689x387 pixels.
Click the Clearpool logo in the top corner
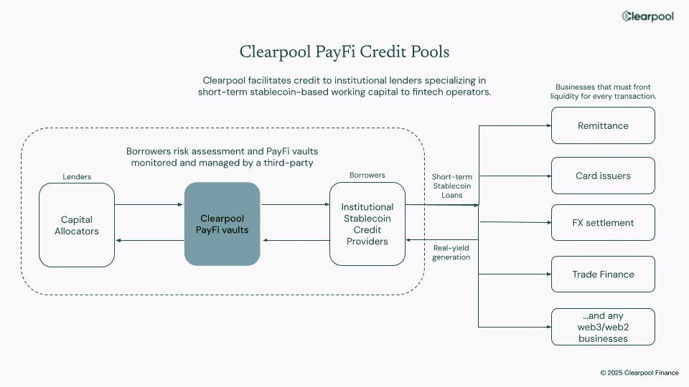point(647,16)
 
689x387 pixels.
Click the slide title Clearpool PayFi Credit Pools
point(344,52)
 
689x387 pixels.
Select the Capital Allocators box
point(77,225)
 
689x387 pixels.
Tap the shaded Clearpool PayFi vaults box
point(222,224)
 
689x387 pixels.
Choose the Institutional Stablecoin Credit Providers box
point(367,224)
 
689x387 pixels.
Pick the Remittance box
point(603,125)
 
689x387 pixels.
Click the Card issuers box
point(603,176)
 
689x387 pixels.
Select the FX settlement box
point(603,223)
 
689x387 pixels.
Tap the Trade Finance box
point(603,274)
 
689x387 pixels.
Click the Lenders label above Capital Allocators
point(77,176)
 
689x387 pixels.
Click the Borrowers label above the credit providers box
point(367,175)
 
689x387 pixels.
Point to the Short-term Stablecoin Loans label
point(451,186)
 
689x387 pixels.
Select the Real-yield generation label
point(451,252)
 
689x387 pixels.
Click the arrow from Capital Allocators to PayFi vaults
point(149,205)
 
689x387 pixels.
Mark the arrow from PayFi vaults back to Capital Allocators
point(149,241)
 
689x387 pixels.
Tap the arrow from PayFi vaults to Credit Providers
point(294,205)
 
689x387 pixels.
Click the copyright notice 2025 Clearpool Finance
point(639,373)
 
